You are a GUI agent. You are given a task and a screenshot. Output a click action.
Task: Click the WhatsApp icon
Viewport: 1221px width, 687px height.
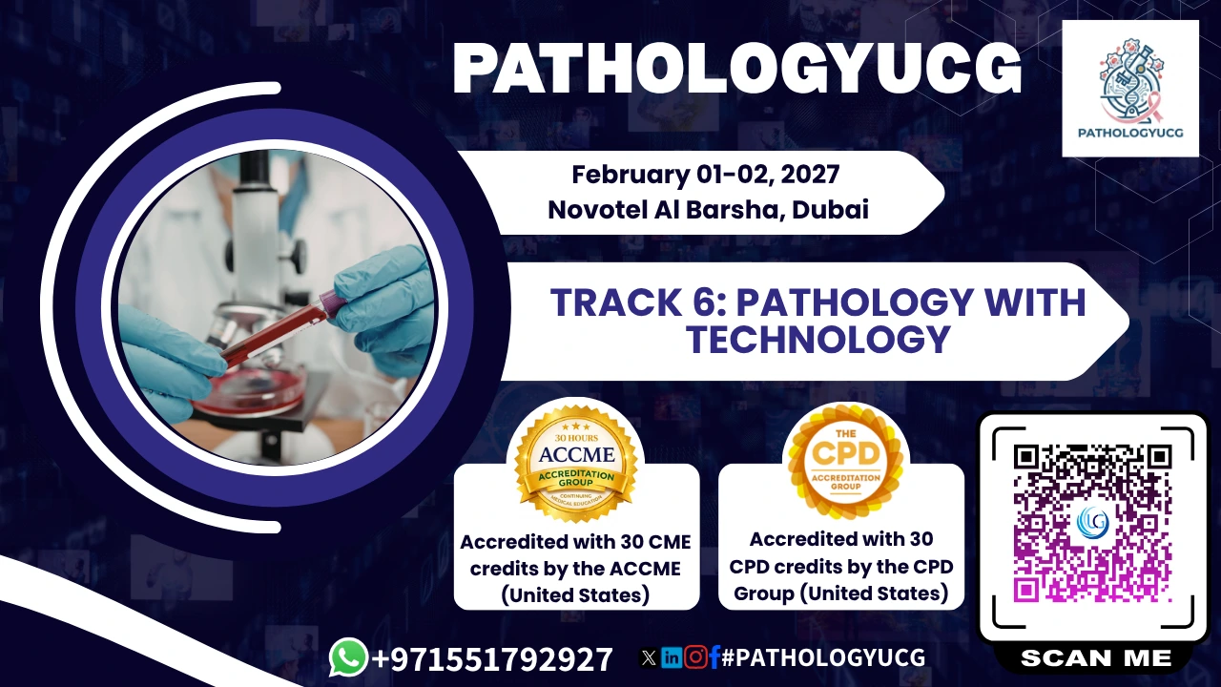[x=349, y=657]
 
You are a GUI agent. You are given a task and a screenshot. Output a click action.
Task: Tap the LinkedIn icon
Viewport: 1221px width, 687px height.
[x=671, y=657]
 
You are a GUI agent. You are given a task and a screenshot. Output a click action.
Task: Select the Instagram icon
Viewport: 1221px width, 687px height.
[x=695, y=657]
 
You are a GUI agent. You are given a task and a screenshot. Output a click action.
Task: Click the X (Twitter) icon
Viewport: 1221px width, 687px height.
[x=648, y=658]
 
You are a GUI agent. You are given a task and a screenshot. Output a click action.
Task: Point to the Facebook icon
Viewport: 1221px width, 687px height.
[x=714, y=657]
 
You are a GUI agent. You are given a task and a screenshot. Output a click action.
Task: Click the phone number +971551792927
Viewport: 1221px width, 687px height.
[x=492, y=658]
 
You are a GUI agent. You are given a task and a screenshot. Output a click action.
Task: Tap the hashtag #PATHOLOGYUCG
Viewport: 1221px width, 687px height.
[x=823, y=657]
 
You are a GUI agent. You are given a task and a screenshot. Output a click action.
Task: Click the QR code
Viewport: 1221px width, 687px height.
[x=1092, y=523]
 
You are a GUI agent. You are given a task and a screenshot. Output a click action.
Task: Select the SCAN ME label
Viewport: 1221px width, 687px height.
[x=1096, y=658]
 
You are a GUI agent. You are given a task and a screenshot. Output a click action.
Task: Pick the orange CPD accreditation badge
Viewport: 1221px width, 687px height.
[x=845, y=461]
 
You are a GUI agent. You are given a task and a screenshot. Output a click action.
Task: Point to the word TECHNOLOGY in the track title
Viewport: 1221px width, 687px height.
[x=818, y=339]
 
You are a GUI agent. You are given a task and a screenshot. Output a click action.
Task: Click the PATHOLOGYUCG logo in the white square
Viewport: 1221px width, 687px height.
[x=1130, y=89]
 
